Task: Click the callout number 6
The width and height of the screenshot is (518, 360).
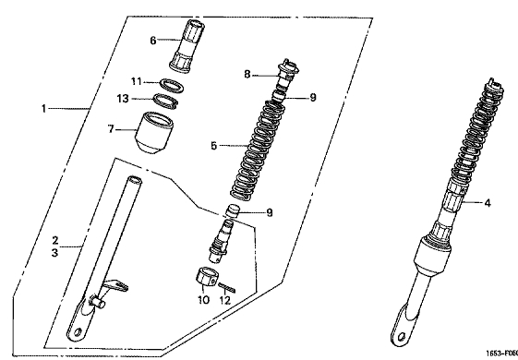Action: click(153, 41)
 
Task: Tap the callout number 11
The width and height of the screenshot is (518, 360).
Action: click(137, 81)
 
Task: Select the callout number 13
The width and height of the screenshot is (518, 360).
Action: click(123, 99)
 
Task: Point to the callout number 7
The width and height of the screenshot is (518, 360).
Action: click(111, 129)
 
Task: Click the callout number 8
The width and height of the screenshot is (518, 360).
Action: click(247, 75)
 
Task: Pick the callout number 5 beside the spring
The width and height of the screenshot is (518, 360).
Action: click(214, 146)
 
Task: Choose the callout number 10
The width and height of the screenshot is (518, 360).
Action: click(203, 300)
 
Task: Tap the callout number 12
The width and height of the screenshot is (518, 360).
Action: click(224, 300)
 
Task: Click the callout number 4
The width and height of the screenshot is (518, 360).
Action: click(488, 203)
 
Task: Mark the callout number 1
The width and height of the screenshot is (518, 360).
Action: click(43, 108)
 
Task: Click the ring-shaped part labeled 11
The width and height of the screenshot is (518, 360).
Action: click(172, 85)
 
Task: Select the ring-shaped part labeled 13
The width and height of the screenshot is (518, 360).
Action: click(166, 101)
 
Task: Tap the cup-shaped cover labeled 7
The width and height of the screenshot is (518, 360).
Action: click(154, 132)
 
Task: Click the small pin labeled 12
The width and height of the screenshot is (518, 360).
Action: click(226, 288)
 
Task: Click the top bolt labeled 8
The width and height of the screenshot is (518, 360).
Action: click(288, 73)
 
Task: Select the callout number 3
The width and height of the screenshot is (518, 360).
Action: click(54, 253)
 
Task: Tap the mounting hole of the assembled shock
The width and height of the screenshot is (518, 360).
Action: click(402, 337)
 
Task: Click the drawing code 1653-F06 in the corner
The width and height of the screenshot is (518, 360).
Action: click(501, 354)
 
